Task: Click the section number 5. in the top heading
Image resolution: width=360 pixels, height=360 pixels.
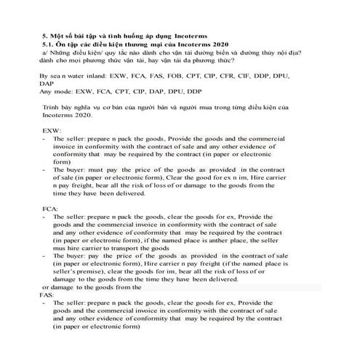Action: [44, 34]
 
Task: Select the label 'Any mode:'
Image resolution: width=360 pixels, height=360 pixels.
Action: [56, 91]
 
